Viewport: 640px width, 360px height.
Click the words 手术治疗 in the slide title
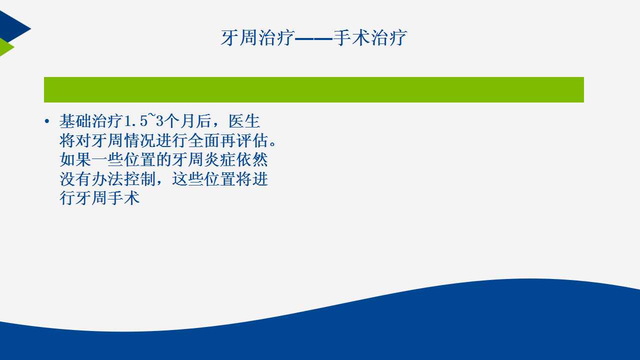pos(370,37)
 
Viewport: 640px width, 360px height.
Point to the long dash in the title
pos(313,38)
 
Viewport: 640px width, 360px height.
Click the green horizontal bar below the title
pos(313,89)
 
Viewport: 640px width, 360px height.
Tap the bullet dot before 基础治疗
pos(47,121)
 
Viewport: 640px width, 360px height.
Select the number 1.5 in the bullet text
pos(136,121)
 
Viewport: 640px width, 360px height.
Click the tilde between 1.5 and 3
pos(151,115)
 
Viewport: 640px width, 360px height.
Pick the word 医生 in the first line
pos(244,121)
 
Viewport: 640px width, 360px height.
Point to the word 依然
pos(252,159)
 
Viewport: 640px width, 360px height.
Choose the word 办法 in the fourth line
pos(107,179)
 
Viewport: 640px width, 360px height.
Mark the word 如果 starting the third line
pos(75,159)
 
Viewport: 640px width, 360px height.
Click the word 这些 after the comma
pos(188,179)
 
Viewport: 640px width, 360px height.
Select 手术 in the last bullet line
pos(123,198)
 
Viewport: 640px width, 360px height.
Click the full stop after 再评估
pos(272,143)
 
